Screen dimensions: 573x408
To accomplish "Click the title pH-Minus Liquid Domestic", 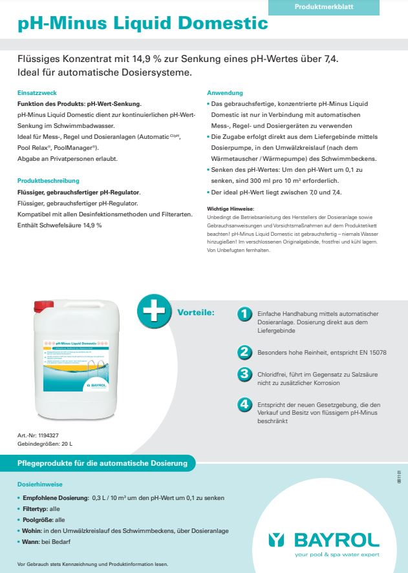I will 143,24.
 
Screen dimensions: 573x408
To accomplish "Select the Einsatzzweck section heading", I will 37,93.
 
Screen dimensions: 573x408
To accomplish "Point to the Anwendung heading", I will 225,93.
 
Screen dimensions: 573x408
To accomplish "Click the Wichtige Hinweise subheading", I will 230,209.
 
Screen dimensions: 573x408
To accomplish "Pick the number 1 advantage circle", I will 244,314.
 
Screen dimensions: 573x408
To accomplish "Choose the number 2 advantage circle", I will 244,352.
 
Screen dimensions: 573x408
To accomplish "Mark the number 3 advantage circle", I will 244,374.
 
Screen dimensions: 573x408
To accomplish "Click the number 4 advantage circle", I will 244,404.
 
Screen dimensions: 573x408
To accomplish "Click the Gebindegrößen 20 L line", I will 45,444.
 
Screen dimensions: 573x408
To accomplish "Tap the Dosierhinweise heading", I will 40,484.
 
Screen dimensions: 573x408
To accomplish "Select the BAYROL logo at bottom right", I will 324,540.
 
